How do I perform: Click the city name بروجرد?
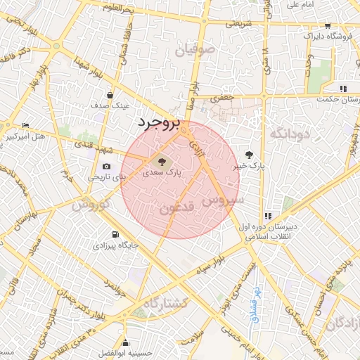(x=158, y=123)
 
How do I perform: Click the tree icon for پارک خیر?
(x=250, y=155)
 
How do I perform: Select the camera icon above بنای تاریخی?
(x=106, y=167)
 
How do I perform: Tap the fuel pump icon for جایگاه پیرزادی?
(x=115, y=234)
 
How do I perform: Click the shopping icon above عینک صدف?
(x=110, y=95)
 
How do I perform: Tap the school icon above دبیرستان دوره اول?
(x=267, y=216)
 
